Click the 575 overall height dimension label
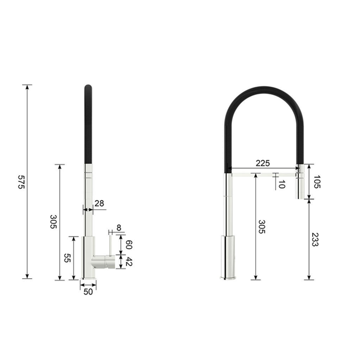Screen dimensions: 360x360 click(x=21, y=182)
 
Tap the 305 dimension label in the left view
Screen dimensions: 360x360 click(x=53, y=222)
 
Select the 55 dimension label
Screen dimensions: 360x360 click(x=67, y=258)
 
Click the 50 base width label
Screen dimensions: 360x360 click(x=88, y=292)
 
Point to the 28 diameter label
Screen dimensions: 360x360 click(x=99, y=203)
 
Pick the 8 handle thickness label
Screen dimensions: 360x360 click(x=119, y=227)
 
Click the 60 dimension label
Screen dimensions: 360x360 click(x=129, y=245)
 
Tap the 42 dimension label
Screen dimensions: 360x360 click(x=129, y=261)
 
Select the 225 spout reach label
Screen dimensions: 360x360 click(x=263, y=163)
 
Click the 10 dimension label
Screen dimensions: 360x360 click(x=282, y=184)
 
